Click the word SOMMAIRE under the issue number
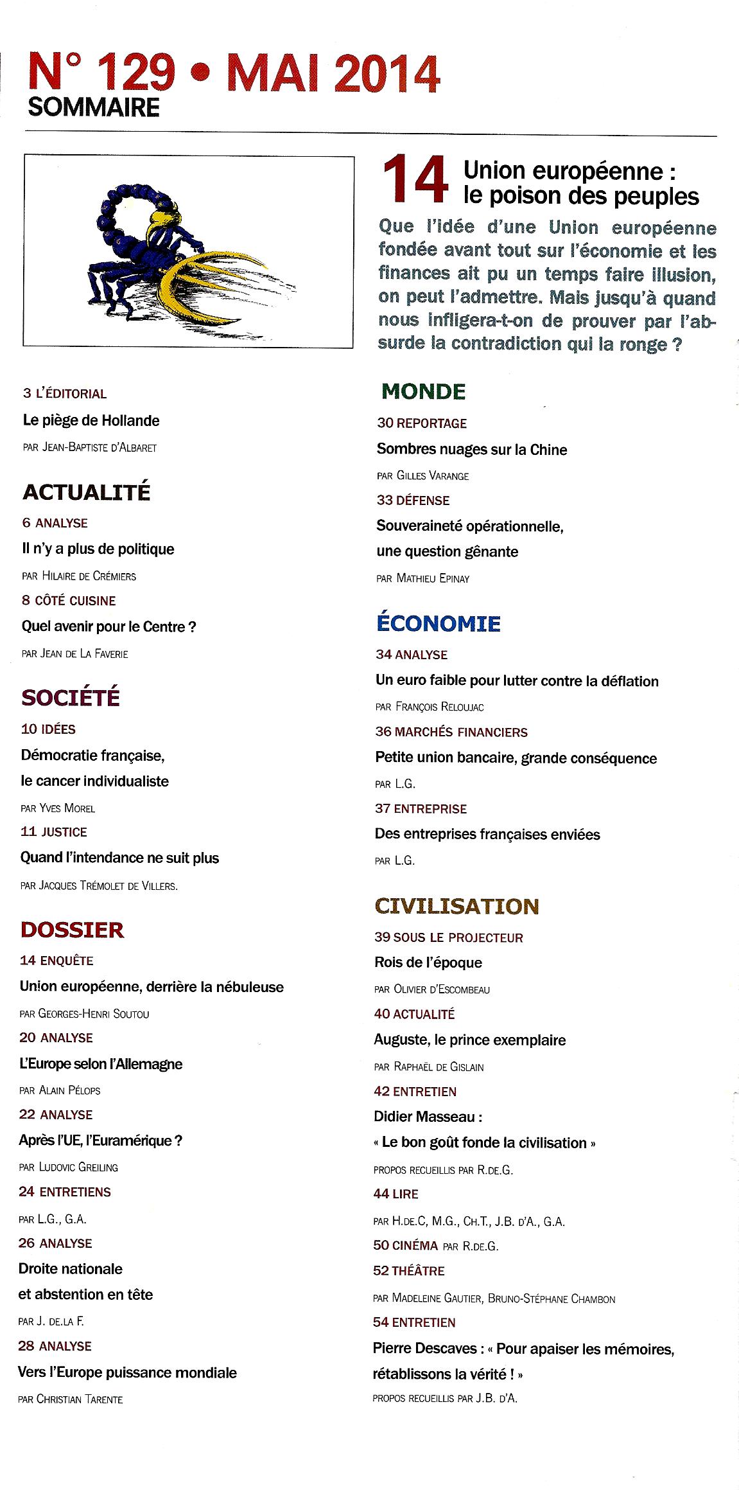(x=94, y=107)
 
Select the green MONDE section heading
(x=424, y=391)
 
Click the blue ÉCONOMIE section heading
(x=438, y=623)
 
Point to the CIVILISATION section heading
(x=456, y=906)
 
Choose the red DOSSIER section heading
(x=72, y=930)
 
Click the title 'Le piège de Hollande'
(x=91, y=421)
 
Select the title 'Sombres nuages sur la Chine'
(x=472, y=450)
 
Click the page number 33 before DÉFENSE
(x=384, y=501)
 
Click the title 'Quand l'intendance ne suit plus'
(x=120, y=858)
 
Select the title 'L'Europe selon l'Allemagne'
(x=101, y=1064)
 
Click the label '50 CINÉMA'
(x=405, y=1245)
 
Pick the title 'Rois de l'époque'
(x=428, y=962)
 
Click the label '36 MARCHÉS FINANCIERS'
(x=451, y=732)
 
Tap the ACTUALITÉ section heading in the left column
(x=87, y=492)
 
